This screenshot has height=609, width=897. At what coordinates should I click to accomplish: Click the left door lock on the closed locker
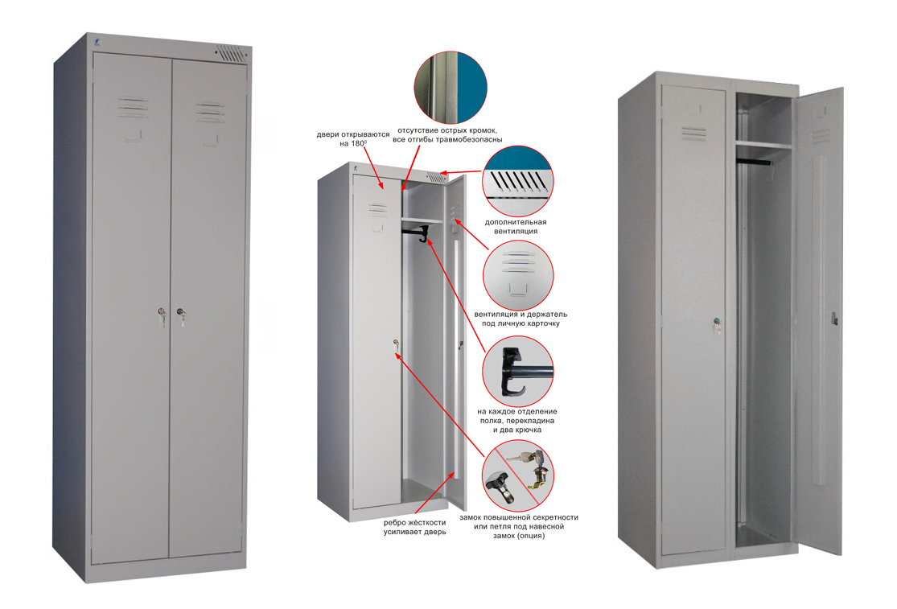[162, 315]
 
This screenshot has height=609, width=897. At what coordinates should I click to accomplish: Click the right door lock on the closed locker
[181, 315]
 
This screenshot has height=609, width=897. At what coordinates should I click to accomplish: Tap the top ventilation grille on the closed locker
[230, 55]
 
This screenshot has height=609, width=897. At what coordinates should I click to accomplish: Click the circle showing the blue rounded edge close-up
[451, 88]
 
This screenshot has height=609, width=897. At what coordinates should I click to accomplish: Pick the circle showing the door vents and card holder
[518, 275]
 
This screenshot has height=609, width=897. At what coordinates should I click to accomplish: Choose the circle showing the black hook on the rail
[518, 371]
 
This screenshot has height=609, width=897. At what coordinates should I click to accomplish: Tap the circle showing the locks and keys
[518, 475]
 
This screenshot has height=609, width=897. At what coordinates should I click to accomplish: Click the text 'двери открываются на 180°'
[353, 139]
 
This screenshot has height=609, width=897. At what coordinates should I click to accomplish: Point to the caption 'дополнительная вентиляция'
[516, 226]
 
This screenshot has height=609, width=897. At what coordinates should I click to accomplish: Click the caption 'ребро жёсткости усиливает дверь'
[415, 527]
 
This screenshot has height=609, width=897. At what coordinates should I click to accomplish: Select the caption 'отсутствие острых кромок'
[447, 130]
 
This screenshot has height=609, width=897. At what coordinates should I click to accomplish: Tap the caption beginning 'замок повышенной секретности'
[519, 527]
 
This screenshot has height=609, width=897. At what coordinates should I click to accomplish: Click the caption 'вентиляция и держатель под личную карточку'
[521, 319]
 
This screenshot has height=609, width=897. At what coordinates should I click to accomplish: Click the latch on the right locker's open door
[834, 319]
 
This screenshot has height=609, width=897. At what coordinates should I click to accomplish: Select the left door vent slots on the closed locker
[133, 107]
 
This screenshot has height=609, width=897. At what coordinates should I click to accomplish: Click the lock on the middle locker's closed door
[395, 344]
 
